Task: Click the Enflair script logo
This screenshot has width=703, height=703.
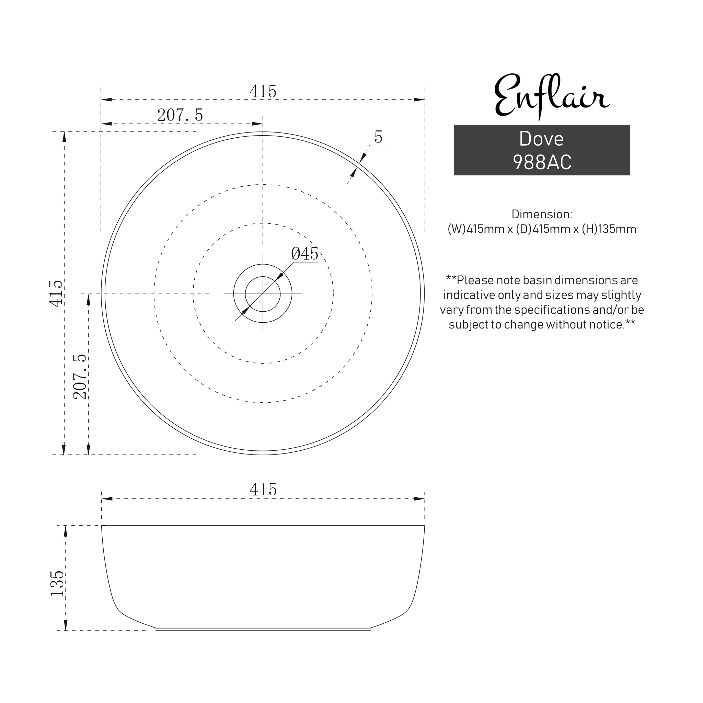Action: point(551,96)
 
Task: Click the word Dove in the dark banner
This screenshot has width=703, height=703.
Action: point(541,139)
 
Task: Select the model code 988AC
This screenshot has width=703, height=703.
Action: point(542,162)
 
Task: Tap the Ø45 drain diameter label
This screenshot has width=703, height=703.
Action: point(304,254)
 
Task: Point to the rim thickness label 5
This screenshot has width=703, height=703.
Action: point(378,138)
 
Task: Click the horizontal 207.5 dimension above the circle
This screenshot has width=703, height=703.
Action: point(180,115)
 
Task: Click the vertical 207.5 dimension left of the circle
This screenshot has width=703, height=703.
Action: point(80,377)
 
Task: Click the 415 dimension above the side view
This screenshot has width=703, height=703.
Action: point(263,490)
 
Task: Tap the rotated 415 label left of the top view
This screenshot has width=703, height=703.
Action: point(56,293)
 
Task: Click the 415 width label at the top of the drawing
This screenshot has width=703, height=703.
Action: point(263,91)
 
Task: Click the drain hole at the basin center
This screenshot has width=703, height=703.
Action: point(263,294)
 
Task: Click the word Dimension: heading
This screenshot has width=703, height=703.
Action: point(541,214)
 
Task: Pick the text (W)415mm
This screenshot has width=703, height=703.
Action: point(475,229)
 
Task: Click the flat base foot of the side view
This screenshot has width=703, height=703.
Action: point(263,629)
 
